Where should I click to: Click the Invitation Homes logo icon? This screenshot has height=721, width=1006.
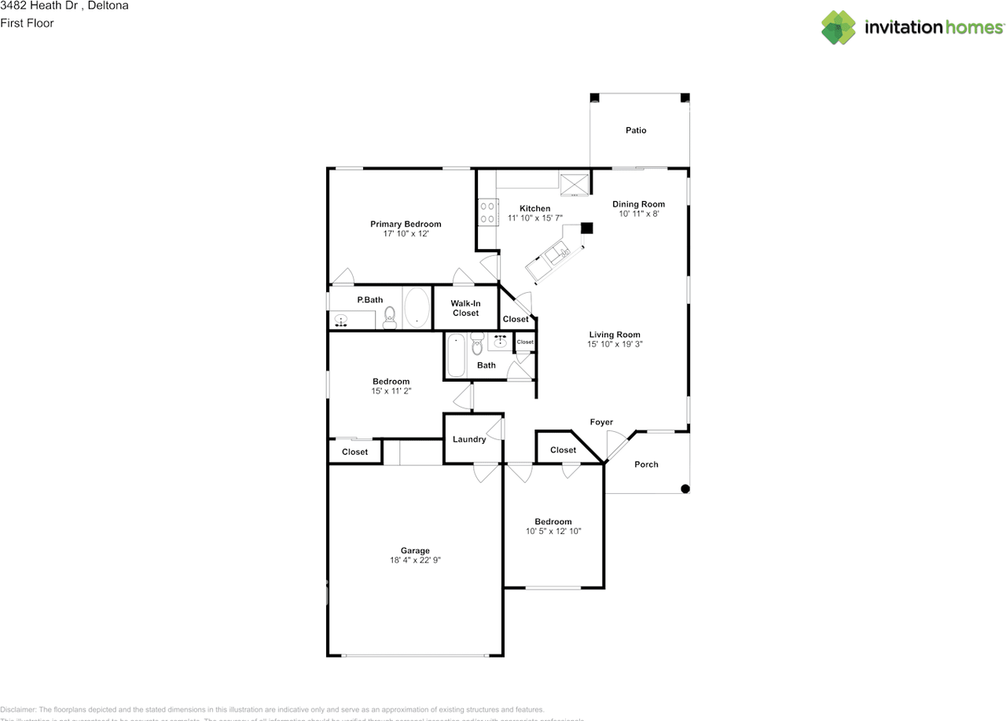tap(838, 27)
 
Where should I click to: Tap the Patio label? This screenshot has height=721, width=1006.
tap(636, 130)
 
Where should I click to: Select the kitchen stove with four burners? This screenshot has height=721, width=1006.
tap(486, 213)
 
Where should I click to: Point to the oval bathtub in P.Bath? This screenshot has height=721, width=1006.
tap(417, 308)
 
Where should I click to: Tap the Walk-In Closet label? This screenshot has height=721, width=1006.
tap(465, 308)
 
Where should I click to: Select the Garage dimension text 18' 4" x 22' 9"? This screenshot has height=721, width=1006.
tap(415, 561)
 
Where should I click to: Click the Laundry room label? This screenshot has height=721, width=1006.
tap(469, 439)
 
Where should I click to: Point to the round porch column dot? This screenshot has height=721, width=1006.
tap(685, 489)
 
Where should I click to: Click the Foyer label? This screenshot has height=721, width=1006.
tap(601, 423)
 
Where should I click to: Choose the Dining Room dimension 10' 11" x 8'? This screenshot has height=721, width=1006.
tap(638, 214)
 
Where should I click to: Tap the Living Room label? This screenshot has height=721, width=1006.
tap(615, 335)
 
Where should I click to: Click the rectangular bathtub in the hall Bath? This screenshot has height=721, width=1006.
tap(456, 356)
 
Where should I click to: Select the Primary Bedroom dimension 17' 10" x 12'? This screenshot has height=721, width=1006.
tap(406, 234)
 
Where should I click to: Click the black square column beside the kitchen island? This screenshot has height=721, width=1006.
tap(586, 228)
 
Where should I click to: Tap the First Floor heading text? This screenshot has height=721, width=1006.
tap(27, 23)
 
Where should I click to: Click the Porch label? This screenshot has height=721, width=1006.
tap(646, 464)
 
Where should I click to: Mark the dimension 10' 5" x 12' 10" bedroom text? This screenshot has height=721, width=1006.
tap(553, 532)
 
